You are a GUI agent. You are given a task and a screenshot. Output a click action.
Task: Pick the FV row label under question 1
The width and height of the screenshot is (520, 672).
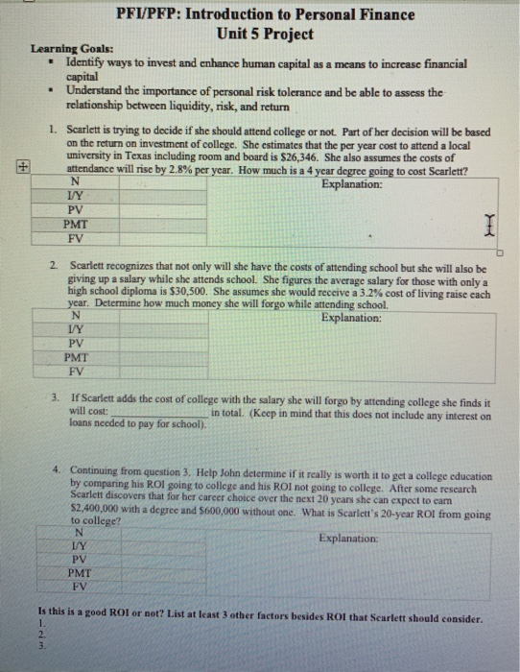click(x=77, y=236)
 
